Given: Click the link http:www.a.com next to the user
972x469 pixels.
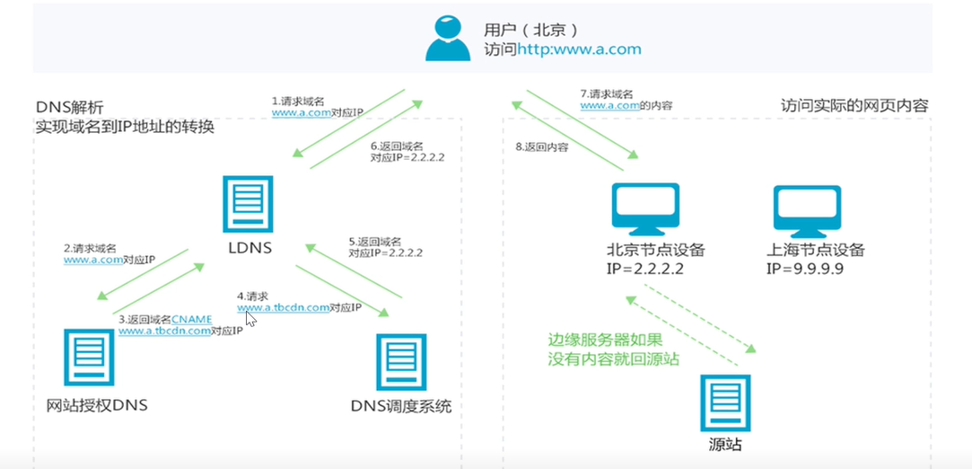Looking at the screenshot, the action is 579,49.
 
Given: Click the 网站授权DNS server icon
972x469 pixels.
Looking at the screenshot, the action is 89,358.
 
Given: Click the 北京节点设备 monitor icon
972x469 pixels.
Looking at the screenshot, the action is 646,208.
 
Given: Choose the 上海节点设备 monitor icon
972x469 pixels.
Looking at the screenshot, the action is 807,208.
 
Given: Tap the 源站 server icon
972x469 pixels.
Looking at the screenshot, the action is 725,403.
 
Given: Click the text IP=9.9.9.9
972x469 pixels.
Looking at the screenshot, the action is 805,270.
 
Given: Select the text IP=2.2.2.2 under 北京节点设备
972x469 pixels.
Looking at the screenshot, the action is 644,270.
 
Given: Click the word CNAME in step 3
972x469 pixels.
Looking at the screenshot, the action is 191,320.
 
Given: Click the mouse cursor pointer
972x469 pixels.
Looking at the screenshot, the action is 250,319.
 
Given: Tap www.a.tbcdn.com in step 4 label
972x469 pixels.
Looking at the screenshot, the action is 284,307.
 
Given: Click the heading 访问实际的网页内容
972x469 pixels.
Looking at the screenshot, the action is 854,106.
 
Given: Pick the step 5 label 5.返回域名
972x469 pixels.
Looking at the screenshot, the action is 375,242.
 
